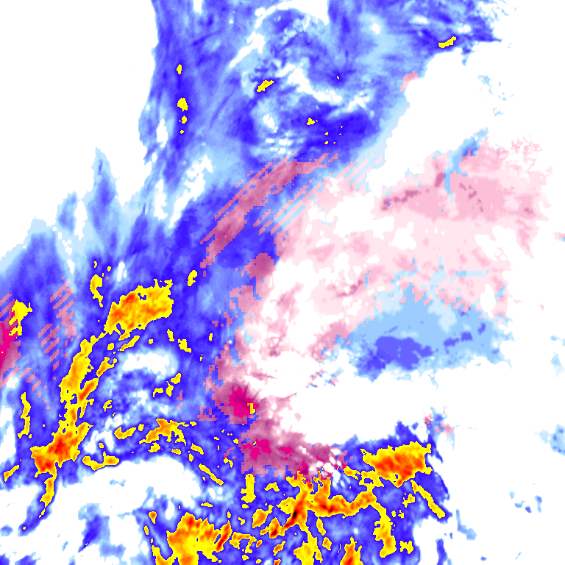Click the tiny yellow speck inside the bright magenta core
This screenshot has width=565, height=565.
point(250,407)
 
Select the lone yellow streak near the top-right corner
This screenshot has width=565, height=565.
point(447,42)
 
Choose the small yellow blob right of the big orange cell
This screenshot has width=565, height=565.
point(193,277)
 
